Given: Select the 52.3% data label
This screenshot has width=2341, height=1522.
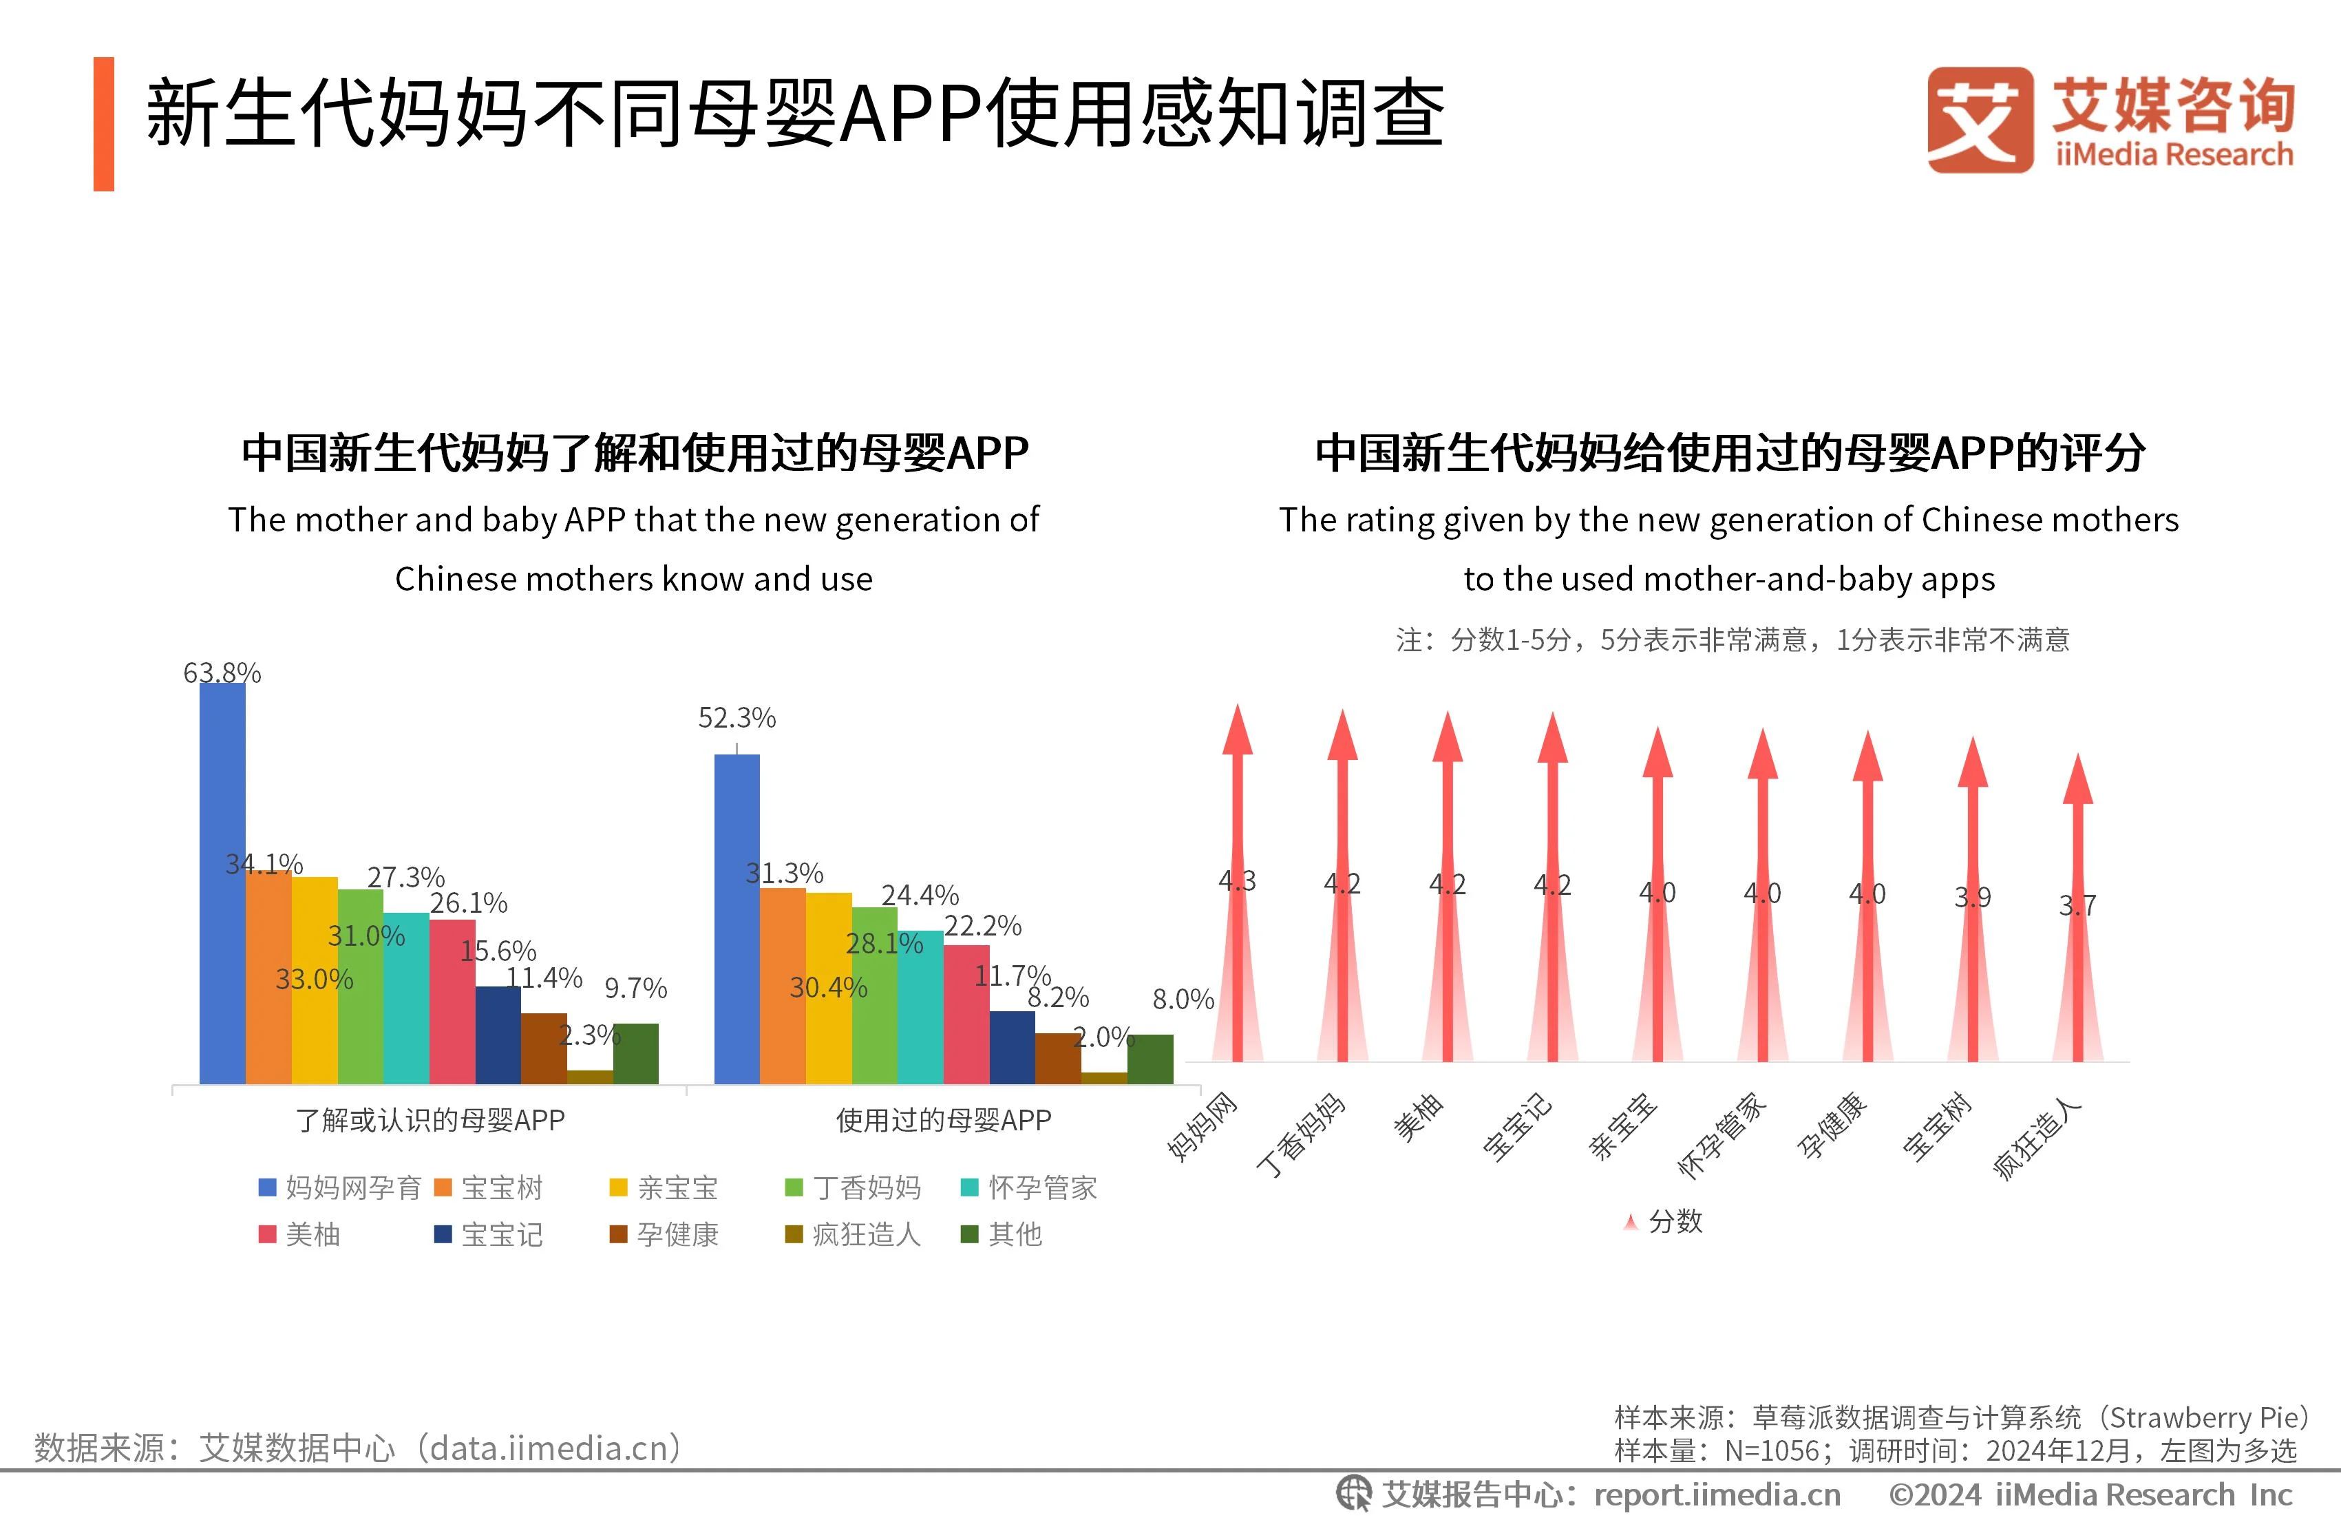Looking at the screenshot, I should (x=737, y=718).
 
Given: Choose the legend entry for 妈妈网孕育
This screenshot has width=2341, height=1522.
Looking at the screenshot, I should (x=339, y=1187).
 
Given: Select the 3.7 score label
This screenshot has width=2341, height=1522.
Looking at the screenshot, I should (x=2077, y=905).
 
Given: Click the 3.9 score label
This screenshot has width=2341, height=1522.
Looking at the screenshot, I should (x=1972, y=897).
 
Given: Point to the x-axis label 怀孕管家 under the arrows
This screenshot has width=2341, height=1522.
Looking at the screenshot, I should (x=1722, y=1137).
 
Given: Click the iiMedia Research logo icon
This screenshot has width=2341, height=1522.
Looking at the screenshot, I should (x=1979, y=120).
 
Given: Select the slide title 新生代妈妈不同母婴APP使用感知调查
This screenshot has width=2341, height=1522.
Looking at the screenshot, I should (x=795, y=114).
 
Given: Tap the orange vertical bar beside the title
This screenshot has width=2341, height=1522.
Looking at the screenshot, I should (x=103, y=124).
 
